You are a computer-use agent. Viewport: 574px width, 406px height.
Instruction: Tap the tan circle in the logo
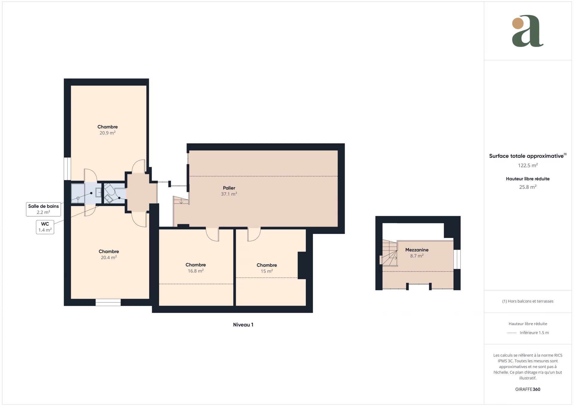tap(518, 23)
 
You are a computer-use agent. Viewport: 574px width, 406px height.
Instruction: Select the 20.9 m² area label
tap(108, 133)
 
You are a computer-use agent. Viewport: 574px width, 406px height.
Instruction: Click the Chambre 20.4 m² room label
tap(109, 254)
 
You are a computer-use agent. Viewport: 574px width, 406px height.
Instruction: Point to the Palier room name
tap(229, 188)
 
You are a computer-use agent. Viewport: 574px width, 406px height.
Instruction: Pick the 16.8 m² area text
tap(196, 271)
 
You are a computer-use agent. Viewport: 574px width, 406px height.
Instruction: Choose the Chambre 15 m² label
tap(267, 268)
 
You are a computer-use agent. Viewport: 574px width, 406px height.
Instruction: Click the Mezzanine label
tap(417, 250)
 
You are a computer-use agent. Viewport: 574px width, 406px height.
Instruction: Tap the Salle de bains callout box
tap(43, 209)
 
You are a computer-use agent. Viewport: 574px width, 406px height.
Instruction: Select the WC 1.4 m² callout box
tap(45, 227)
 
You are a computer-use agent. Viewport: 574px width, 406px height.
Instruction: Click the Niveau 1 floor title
tap(243, 325)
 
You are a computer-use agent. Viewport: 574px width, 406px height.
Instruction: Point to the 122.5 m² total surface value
tap(528, 165)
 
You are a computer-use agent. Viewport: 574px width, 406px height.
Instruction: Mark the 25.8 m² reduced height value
tap(528, 187)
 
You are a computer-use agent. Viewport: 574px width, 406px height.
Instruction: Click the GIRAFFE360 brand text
tap(528, 389)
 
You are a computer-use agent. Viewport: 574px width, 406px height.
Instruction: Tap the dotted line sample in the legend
tap(512, 333)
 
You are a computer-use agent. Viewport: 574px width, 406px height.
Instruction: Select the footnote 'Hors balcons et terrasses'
tap(531, 301)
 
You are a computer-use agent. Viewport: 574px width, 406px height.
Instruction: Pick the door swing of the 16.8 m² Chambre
tap(213, 235)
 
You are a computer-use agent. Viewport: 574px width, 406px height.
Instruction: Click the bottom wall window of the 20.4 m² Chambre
tap(108, 302)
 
